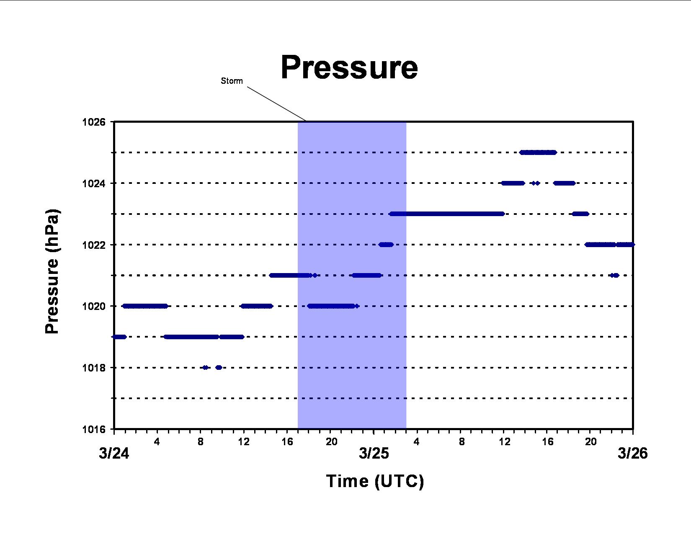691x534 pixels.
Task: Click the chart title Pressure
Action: click(x=349, y=68)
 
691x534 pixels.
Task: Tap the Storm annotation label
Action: click(x=232, y=81)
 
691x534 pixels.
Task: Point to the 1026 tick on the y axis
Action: click(x=94, y=122)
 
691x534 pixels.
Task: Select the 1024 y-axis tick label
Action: click(x=94, y=183)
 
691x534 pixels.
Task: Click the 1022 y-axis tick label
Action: click(x=94, y=245)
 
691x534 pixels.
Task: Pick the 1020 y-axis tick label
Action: click(x=94, y=307)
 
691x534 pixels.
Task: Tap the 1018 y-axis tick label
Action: click(x=94, y=368)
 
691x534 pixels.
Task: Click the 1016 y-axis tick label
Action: click(x=94, y=430)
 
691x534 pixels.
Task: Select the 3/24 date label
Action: click(x=114, y=453)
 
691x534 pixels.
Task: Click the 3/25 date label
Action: click(x=374, y=453)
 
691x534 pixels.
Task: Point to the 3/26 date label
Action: click(x=632, y=453)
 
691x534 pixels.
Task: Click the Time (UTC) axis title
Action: click(x=375, y=481)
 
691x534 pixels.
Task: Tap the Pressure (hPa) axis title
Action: click(x=52, y=271)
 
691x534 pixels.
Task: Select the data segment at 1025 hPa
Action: click(x=538, y=153)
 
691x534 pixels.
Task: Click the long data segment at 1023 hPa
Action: click(x=447, y=214)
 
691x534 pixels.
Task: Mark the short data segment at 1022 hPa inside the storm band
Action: click(x=386, y=245)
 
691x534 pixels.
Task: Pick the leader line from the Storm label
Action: click(x=277, y=104)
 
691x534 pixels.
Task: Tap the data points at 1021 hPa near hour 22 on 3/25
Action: click(x=614, y=276)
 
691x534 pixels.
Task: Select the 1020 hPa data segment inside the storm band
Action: click(x=333, y=306)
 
